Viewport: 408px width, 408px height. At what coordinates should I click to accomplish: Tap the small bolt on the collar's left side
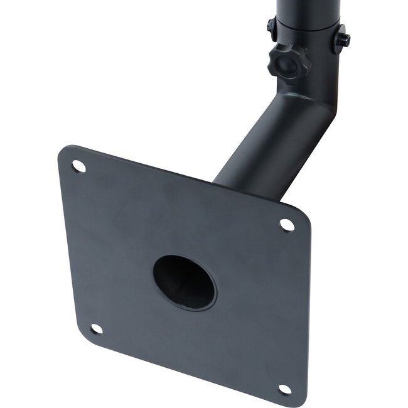pyautogui.click(x=271, y=26)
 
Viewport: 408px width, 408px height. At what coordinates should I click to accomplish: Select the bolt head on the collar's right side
pyautogui.click(x=343, y=40)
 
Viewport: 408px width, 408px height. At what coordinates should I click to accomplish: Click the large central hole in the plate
pyautogui.click(x=184, y=282)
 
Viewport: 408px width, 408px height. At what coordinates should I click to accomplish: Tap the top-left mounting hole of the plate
pyautogui.click(x=78, y=166)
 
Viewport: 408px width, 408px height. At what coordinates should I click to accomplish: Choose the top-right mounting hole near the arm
pyautogui.click(x=286, y=224)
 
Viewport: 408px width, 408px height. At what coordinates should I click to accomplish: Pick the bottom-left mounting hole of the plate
pyautogui.click(x=96, y=328)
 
